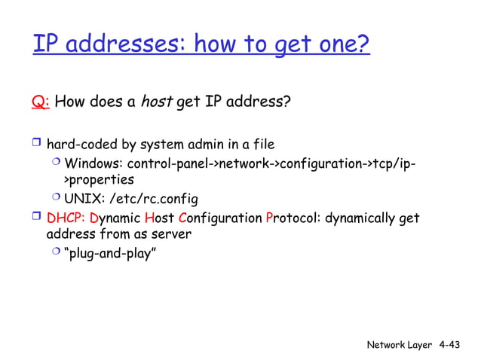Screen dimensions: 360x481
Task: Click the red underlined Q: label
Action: tap(41, 101)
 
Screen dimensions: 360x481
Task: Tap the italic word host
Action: tap(157, 101)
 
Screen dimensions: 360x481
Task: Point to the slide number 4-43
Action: tap(449, 345)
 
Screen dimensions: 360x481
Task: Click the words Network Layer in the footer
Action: tap(399, 345)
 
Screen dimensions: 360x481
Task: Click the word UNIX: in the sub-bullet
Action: tap(82, 200)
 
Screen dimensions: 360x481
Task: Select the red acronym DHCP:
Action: tap(65, 218)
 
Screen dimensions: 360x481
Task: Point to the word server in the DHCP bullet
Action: tap(170, 234)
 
